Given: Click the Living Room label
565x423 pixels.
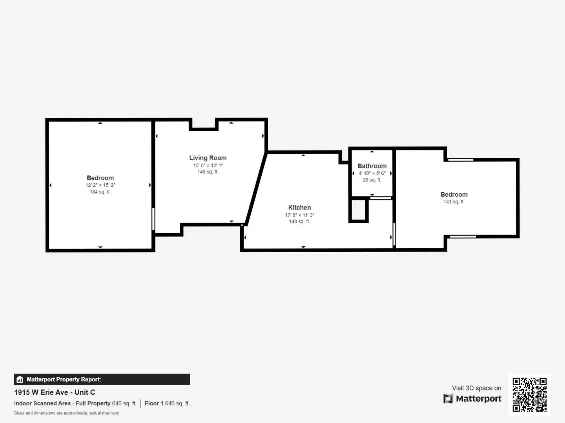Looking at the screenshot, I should (208, 158).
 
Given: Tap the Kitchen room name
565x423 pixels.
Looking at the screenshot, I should (299, 208).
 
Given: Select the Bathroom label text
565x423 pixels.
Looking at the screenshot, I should (372, 166).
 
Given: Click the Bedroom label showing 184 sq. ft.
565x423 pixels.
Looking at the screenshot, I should (100, 178).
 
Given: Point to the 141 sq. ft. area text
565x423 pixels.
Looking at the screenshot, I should (454, 202).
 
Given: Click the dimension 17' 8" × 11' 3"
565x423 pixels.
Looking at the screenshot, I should (299, 215).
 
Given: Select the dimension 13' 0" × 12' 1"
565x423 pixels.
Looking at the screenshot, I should (208, 165).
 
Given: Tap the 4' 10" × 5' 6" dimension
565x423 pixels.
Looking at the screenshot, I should (372, 173).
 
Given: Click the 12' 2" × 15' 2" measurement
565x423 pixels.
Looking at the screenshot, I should (100, 185).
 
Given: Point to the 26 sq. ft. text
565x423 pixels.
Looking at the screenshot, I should (372, 180).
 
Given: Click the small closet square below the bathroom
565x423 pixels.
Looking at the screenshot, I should (358, 211).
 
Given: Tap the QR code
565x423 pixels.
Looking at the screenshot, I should (529, 394).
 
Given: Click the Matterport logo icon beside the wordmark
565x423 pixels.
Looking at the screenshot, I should (448, 399).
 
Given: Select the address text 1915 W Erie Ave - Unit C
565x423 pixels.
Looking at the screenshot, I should (55, 392).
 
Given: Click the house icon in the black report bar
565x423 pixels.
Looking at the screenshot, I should (20, 380).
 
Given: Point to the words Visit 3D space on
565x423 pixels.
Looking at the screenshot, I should (476, 388).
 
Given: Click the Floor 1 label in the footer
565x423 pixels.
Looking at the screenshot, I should (154, 403).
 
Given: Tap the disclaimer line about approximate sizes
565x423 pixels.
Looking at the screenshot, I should (67, 413).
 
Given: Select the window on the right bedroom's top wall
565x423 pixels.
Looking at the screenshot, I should (461, 159).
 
